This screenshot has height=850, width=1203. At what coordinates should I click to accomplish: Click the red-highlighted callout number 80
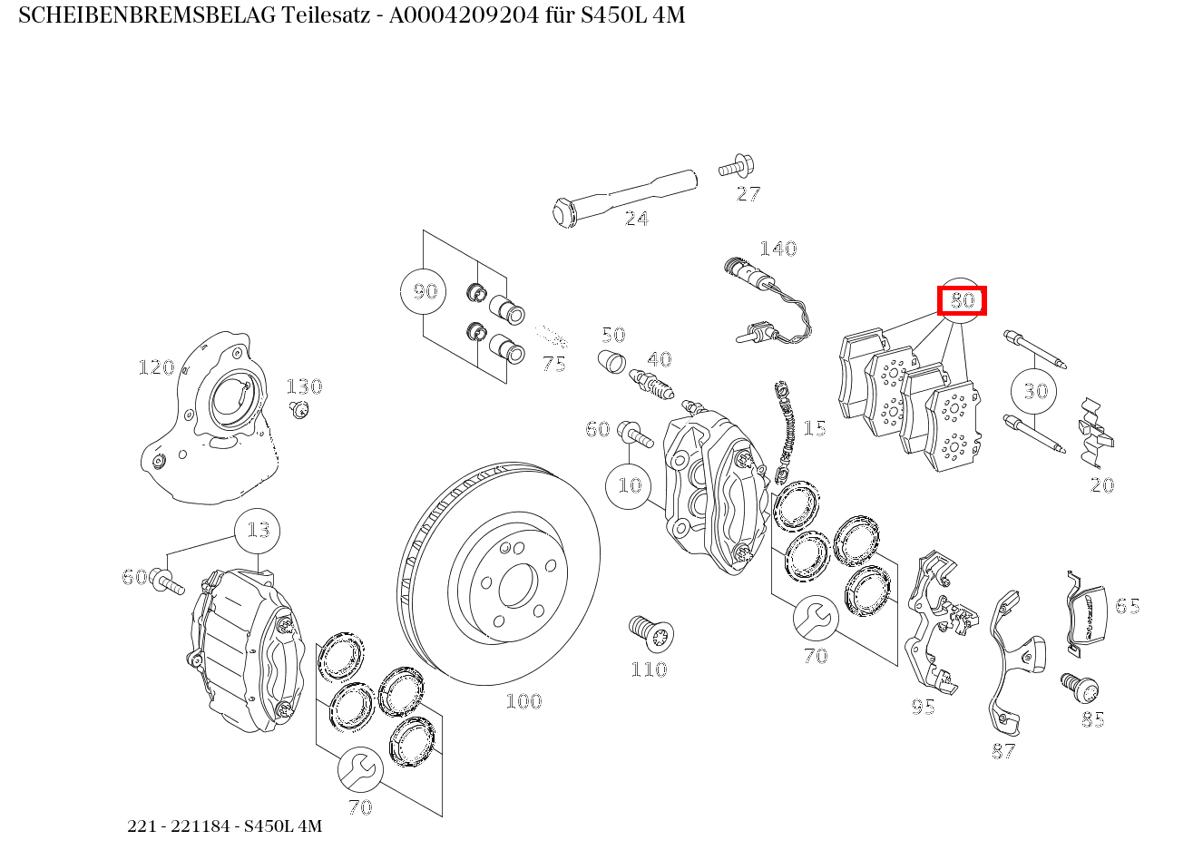coord(962,300)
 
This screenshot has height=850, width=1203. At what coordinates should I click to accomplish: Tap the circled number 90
coord(424,291)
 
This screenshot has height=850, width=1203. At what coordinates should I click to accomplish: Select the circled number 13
coord(258,530)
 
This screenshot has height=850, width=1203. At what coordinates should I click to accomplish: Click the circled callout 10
coord(629,485)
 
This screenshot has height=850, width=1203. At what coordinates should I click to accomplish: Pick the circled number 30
coord(1034,391)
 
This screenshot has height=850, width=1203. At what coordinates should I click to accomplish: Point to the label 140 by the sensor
coord(778,249)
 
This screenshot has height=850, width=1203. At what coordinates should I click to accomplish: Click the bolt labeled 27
coord(735,167)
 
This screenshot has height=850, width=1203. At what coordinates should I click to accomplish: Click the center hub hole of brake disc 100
coord(518,586)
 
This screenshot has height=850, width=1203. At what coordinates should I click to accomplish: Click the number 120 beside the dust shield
coord(155,367)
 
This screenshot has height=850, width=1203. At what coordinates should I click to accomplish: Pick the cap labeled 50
coord(612,360)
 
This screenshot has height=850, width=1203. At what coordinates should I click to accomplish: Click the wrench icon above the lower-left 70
coord(360,770)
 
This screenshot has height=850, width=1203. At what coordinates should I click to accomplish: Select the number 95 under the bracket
coord(923,706)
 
